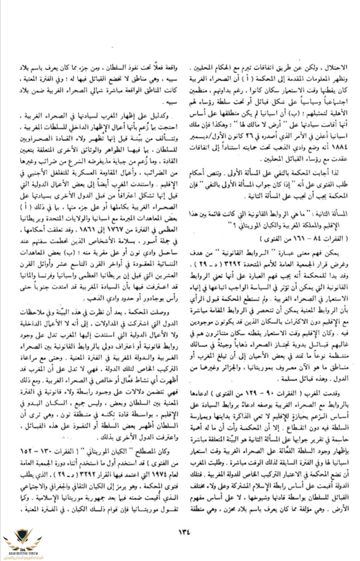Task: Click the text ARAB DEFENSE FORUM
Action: tap(23, 553)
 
